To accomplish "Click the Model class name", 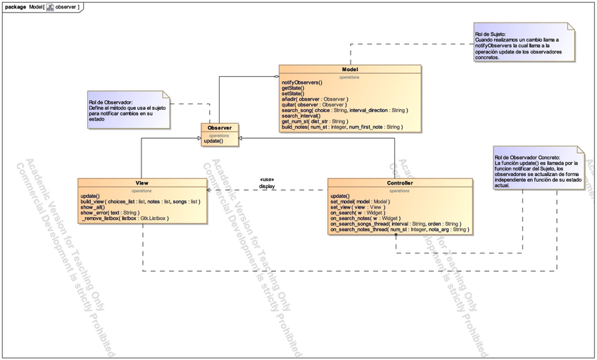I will coord(350,70).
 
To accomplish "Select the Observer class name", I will coord(219,128).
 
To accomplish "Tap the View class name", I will coord(142,183).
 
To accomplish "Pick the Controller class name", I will coord(400,183).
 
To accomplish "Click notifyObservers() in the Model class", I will coord(302,83).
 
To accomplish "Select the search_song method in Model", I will coord(344,111).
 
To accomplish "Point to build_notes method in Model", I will coord(342,127).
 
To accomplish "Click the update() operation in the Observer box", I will coord(213,142).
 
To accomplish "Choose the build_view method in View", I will coord(140,201).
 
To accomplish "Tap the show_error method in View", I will coord(110,213).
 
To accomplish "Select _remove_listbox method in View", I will coord(125,218).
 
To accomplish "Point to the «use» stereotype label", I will coord(267,179).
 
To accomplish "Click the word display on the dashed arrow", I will coord(267,187).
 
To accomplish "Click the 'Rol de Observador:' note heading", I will coord(111,101).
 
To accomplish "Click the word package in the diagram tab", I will coord(15,6).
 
